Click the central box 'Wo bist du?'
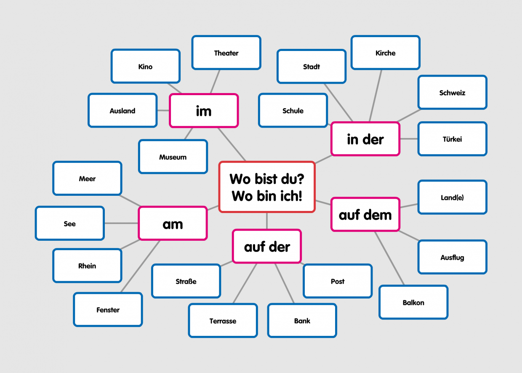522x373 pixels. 267,187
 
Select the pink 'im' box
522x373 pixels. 204,111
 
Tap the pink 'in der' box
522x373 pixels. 365,139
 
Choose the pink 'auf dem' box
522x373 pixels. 365,215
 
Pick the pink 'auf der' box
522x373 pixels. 267,246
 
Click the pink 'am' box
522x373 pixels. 173,224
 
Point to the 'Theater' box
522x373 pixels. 226,53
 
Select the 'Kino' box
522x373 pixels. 145,66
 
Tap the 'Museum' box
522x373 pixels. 173,157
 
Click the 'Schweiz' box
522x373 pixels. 452,93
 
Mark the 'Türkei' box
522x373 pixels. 452,139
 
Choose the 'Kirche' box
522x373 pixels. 385,53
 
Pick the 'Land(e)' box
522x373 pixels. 452,197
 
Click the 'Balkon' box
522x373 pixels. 413,302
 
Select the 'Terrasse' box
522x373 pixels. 223,321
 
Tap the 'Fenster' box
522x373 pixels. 108,309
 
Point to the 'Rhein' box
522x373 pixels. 87,266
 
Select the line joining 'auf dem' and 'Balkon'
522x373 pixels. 389,258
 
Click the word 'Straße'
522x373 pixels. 186,281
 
